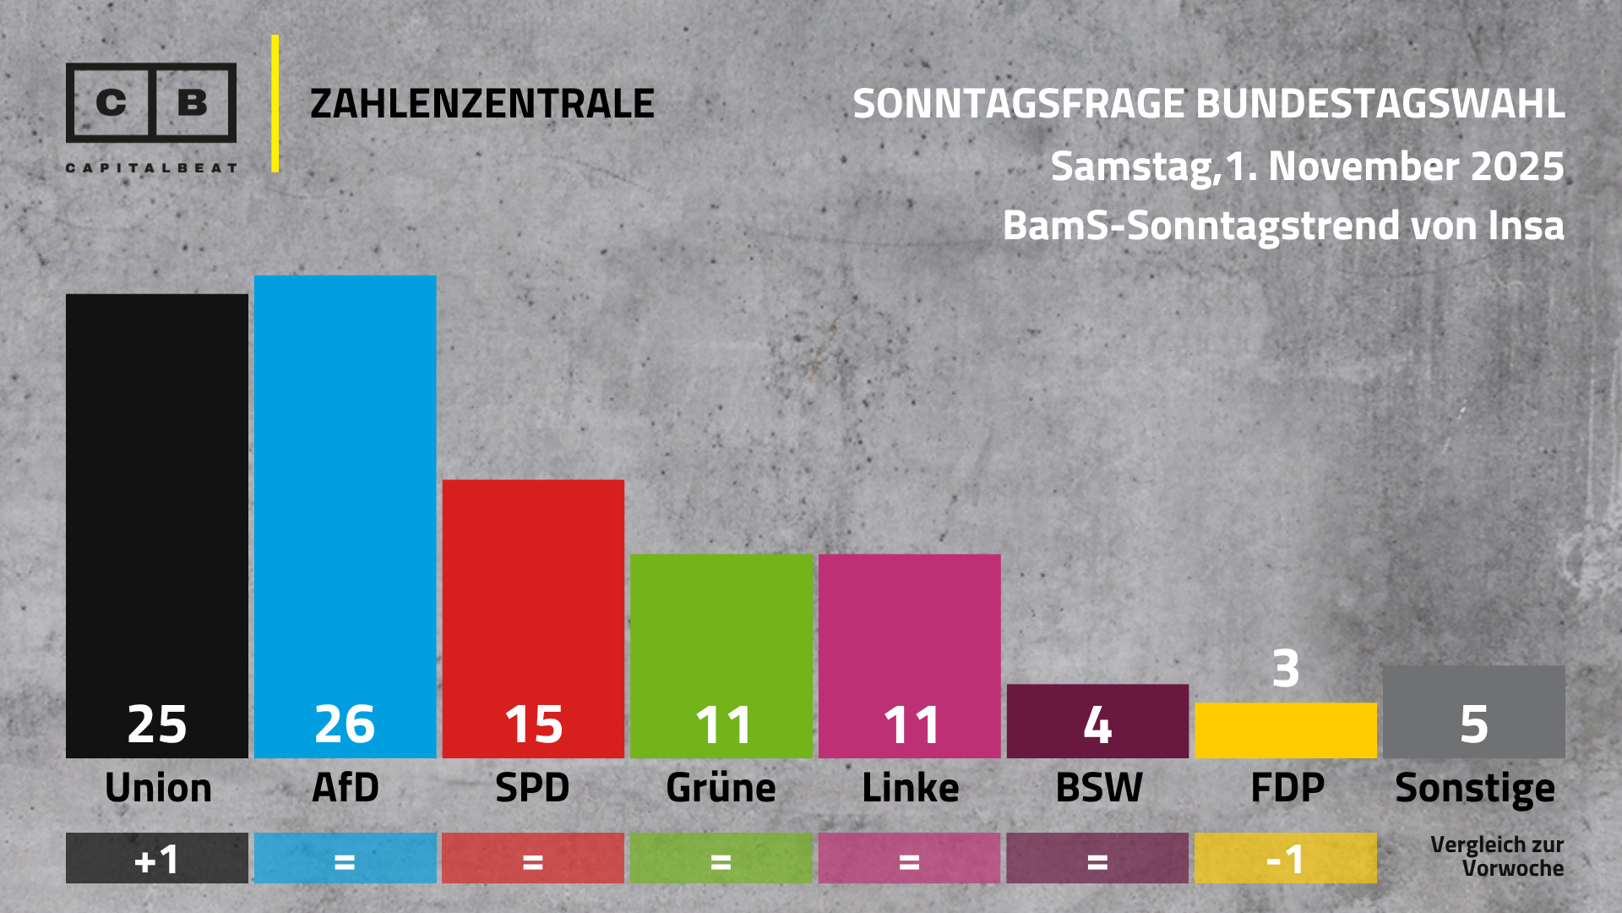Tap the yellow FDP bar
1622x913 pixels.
[x=1285, y=730]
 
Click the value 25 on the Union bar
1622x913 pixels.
[x=157, y=724]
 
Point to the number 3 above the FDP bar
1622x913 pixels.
[x=1285, y=668]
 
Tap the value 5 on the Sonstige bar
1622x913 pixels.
[x=1473, y=724]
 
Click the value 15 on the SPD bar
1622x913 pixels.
[x=533, y=724]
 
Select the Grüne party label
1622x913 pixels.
[x=721, y=788]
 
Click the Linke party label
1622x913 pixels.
[x=910, y=788]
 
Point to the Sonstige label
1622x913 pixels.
[x=1474, y=788]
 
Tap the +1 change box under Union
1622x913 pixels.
[x=157, y=859]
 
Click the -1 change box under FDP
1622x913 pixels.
[x=1285, y=859]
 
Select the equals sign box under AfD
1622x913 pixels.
[x=345, y=859]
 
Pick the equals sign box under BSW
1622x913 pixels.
[x=1097, y=859]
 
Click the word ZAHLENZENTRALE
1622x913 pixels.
[x=482, y=104]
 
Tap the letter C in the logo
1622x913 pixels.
[x=111, y=102]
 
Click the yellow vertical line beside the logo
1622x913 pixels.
[x=275, y=103]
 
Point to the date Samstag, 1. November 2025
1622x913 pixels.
[x=1307, y=167]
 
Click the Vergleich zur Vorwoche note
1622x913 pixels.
[x=1496, y=856]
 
